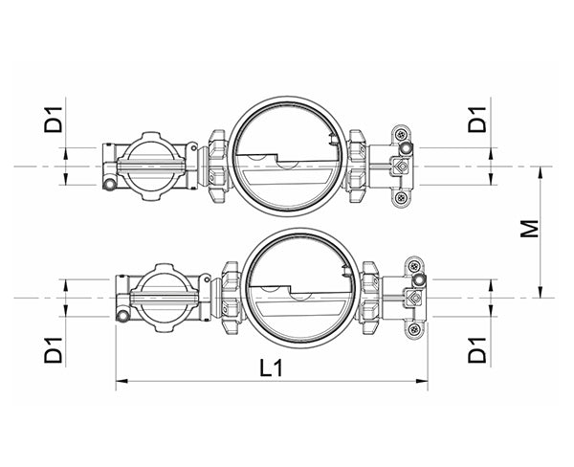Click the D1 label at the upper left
[x=55, y=121]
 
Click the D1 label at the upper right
[x=478, y=121]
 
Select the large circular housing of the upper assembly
[x=286, y=156]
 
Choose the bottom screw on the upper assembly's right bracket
[x=400, y=199]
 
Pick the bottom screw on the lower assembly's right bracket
[x=413, y=330]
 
